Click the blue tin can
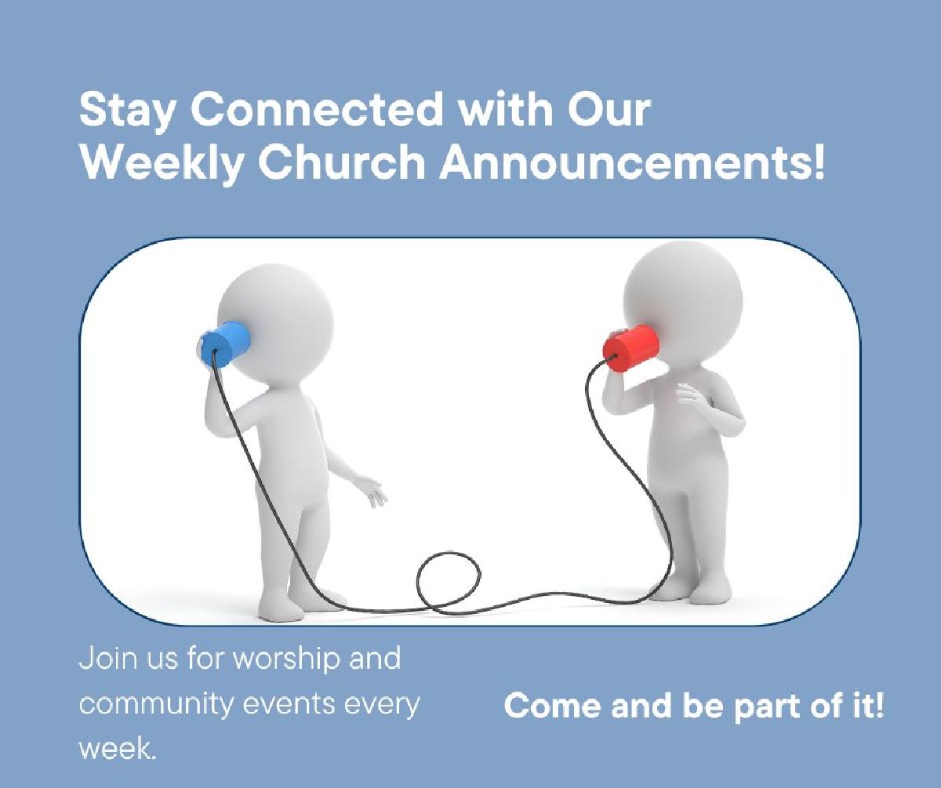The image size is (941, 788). [x=223, y=343]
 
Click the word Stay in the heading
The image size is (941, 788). [x=126, y=111]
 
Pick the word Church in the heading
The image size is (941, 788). [x=342, y=162]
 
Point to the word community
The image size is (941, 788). [x=155, y=705]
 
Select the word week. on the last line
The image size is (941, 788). [x=118, y=750]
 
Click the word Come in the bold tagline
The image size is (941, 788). [x=552, y=706]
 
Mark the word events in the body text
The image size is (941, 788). [x=289, y=705]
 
